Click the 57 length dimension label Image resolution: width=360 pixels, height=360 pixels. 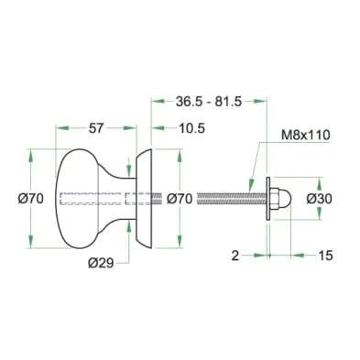click(96, 128)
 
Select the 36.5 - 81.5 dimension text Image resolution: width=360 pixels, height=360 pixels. click(209, 102)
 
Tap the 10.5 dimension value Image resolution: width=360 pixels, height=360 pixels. click(191, 128)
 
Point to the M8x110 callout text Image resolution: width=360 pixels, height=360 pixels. click(306, 135)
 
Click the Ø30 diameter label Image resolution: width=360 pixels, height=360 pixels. click(319, 199)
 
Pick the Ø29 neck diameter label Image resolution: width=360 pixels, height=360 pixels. click(101, 263)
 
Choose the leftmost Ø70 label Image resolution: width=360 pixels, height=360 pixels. click(31, 199)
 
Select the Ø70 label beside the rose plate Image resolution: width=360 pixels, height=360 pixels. click(180, 199)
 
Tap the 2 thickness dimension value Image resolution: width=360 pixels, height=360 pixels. click(235, 256)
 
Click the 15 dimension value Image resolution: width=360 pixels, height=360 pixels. click(325, 256)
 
